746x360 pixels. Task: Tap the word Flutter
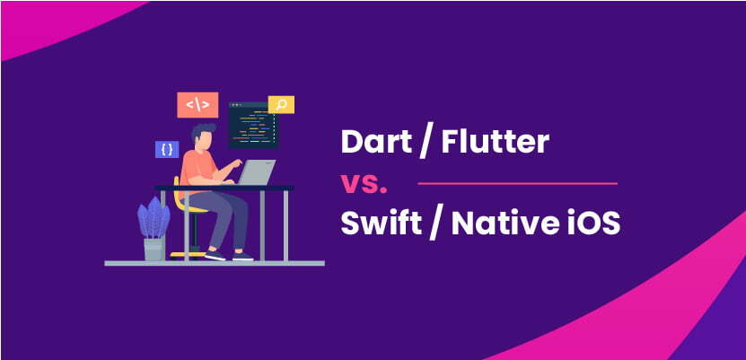point(493,144)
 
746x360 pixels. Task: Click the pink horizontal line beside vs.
point(519,183)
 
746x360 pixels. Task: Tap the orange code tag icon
point(196,104)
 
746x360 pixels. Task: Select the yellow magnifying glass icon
point(281,105)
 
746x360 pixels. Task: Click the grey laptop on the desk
point(259,172)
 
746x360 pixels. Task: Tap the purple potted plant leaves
point(154,218)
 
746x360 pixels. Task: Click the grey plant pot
point(154,249)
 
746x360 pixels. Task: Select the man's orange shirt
point(197,170)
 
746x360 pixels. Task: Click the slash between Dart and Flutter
point(421,144)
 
